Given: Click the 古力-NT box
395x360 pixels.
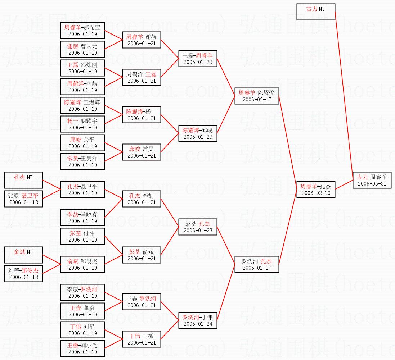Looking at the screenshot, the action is tap(316, 12).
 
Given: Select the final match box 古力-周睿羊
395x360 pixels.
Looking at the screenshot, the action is tap(372, 180).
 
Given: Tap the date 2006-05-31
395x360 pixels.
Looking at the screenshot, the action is tap(372, 184).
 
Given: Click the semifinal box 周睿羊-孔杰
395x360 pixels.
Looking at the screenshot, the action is tap(316, 190).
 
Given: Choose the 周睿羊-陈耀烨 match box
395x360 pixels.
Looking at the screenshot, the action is tap(257, 96).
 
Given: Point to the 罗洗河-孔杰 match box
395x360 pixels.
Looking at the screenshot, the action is tap(257, 264).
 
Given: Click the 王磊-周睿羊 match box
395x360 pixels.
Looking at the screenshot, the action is tap(198, 59).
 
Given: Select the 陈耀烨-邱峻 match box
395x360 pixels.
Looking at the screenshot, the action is tap(198, 133).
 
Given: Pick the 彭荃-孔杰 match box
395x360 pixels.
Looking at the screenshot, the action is tap(198, 227).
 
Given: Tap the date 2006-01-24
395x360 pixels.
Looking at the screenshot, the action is tap(198, 324).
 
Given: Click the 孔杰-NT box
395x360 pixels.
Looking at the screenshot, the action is tap(23, 180).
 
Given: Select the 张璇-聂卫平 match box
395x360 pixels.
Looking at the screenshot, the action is tap(23, 199).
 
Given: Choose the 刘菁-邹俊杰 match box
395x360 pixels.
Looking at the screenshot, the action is tap(23, 274).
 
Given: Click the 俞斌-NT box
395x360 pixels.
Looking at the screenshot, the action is tap(23, 255).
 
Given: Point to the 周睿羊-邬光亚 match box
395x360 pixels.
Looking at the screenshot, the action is tap(82, 31).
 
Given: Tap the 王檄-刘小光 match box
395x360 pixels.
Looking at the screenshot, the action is tap(82, 348).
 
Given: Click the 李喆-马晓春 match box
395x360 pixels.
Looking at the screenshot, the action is tap(82, 218).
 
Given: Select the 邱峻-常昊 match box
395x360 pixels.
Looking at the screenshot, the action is tap(142, 152).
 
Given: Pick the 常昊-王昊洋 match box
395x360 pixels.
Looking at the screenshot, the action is tap(82, 161).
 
